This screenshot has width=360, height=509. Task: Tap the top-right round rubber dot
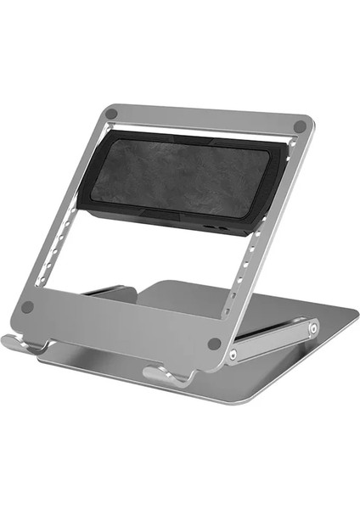pyautogui.click(x=299, y=126)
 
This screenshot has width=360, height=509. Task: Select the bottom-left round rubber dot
pyautogui.click(x=28, y=307)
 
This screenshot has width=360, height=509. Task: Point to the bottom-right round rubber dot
pyautogui.click(x=214, y=344)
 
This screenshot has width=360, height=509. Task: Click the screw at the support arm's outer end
pyautogui.click(x=313, y=327)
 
